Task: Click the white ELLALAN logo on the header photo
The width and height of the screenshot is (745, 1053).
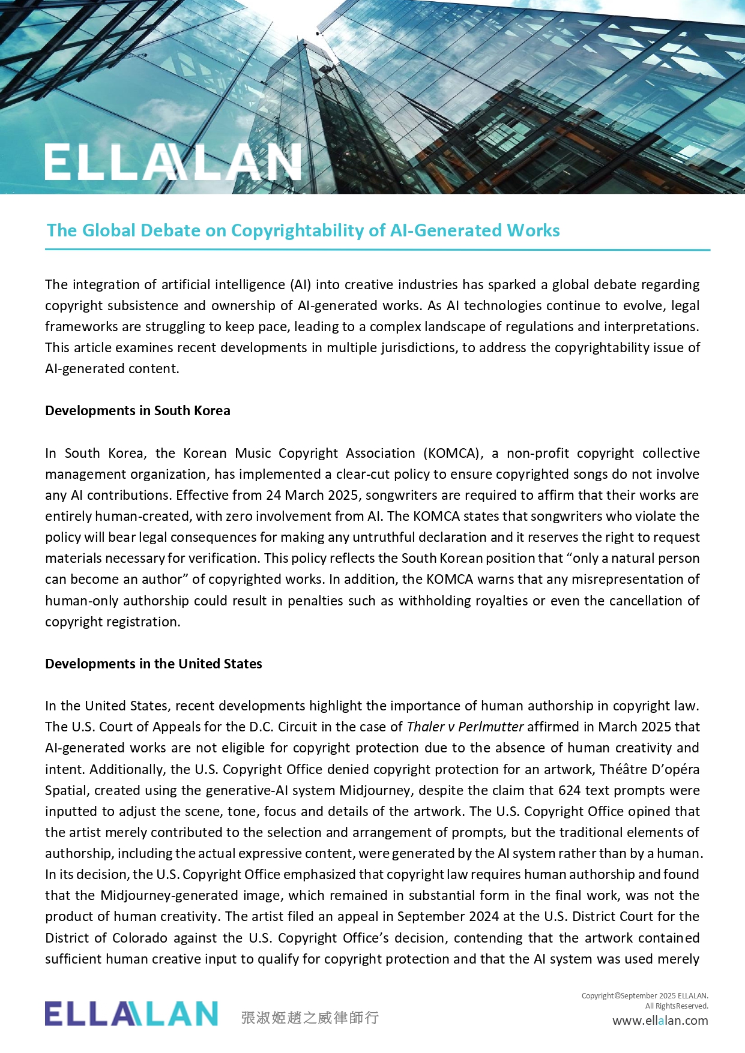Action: [x=173, y=162]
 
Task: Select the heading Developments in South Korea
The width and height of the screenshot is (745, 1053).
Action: [x=137, y=410]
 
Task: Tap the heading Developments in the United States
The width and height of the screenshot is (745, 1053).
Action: [x=154, y=664]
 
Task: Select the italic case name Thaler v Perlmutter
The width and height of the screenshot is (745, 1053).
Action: [x=465, y=727]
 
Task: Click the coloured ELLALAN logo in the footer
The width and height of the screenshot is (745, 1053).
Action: [x=131, y=1013]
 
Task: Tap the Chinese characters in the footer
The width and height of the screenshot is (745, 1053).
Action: [x=310, y=1018]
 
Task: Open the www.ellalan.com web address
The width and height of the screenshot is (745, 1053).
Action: [x=660, y=1021]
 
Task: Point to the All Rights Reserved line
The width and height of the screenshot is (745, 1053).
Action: [x=677, y=1006]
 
